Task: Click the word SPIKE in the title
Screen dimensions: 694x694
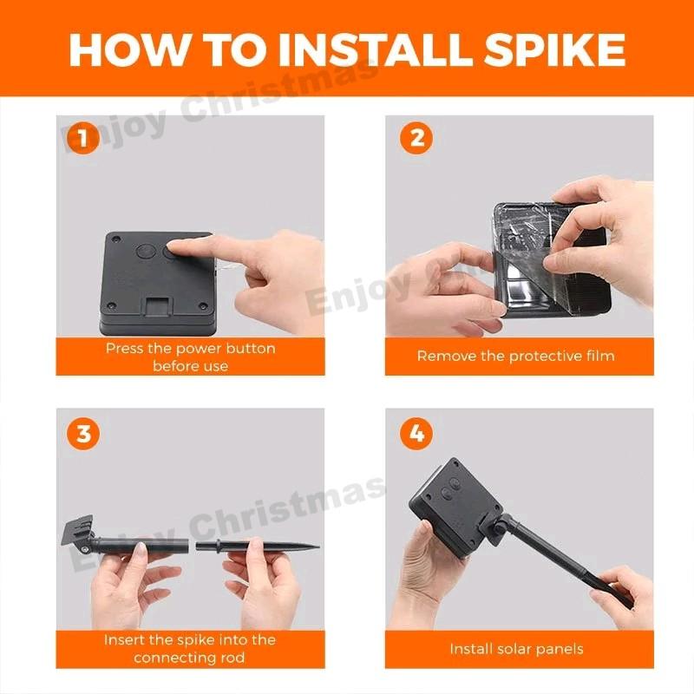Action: point(554,49)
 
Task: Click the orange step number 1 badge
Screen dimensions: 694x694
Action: point(82,138)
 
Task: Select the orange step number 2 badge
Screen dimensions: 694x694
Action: point(416,138)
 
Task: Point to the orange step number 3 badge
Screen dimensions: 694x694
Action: point(83,433)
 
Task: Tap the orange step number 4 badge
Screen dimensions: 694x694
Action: point(416,433)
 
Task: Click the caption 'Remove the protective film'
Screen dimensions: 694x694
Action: point(515,357)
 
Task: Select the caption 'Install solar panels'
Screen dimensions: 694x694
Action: point(516,649)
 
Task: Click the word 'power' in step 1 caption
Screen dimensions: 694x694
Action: point(199,350)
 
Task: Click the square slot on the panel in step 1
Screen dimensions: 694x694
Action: point(157,306)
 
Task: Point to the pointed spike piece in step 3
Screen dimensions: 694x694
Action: point(257,546)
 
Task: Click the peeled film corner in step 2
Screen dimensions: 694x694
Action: point(525,284)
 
